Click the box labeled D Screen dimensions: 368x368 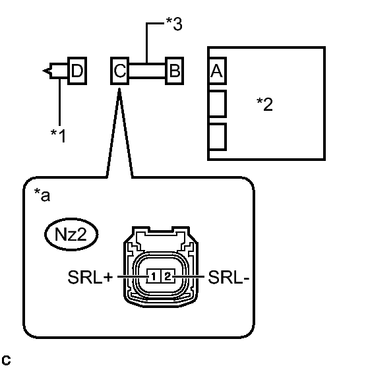click(77, 71)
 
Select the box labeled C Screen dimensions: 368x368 click(119, 71)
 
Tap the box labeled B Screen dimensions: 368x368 click(174, 71)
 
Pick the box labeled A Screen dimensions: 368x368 click(217, 71)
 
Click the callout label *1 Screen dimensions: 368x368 click(59, 136)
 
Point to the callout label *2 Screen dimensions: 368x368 click(264, 104)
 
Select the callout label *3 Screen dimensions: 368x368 click(174, 24)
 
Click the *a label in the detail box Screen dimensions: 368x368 click(42, 195)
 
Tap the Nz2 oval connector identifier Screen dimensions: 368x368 click(71, 234)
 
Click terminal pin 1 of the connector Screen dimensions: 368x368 click(154, 276)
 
